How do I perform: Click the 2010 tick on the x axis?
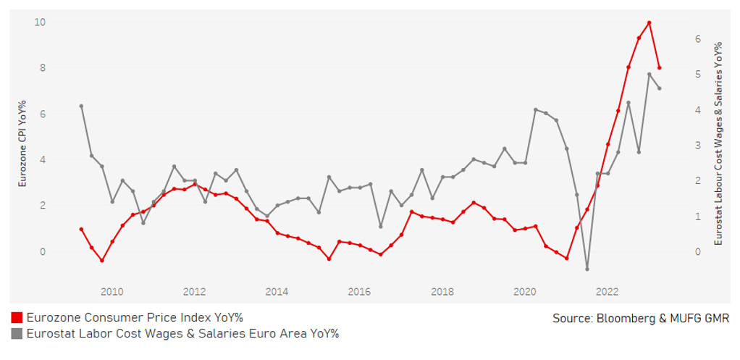112,292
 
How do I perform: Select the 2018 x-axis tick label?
442,292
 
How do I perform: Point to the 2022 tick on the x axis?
607,292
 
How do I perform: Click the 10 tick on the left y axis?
41,22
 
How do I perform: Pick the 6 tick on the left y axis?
43,114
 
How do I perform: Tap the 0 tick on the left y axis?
43,251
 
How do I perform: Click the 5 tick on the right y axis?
697,74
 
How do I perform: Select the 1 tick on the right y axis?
697,216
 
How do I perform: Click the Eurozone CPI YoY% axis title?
22,144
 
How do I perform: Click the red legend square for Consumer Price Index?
17,318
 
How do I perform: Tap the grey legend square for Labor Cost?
17,334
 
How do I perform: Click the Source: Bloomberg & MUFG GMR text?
640,318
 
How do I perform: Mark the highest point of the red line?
649,22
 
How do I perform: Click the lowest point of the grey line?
587,269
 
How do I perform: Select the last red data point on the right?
660,68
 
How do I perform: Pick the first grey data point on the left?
81,106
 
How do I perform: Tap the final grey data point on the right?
660,88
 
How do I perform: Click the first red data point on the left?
81,229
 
